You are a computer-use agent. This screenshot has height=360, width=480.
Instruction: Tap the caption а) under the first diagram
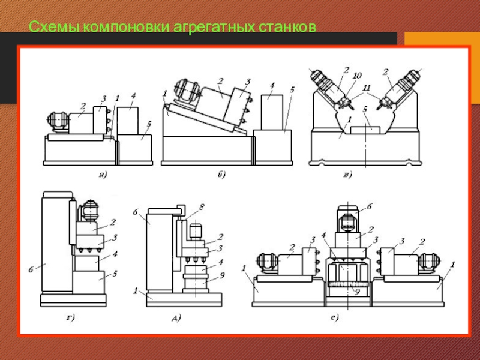coord(103,175)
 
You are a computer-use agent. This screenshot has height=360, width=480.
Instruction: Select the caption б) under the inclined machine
coord(221,175)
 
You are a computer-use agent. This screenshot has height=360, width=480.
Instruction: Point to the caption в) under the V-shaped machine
coord(348,175)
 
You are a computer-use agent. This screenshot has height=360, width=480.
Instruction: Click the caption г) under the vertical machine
coord(70,319)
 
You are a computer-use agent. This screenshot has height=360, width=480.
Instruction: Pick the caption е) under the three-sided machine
coord(335,318)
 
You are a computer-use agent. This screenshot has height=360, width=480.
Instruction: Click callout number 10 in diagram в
coord(357,76)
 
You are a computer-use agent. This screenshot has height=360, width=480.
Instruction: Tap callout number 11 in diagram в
coord(367,88)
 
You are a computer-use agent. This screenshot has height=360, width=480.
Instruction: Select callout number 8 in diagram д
coord(201,207)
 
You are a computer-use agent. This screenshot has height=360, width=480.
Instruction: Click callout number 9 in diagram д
coord(222,275)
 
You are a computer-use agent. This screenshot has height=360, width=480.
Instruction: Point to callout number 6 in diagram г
coord(31,269)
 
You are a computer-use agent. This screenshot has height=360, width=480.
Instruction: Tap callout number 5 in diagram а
coord(149,124)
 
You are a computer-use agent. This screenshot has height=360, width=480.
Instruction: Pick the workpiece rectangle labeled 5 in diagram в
coord(365,130)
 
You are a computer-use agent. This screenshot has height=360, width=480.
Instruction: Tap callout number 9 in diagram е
coord(356,292)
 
